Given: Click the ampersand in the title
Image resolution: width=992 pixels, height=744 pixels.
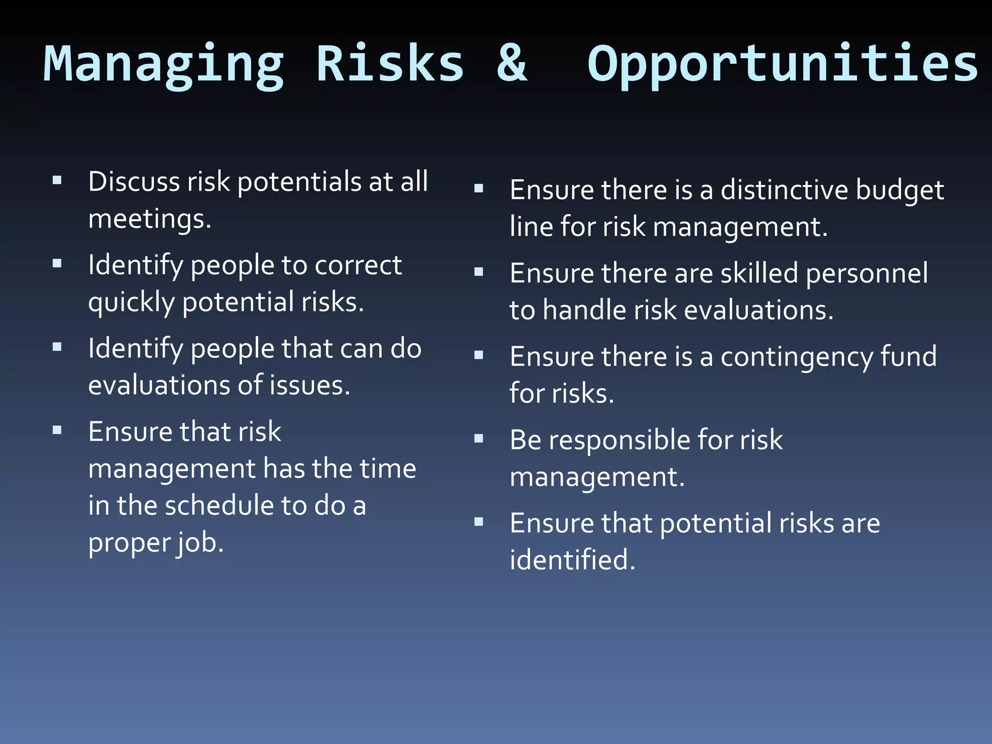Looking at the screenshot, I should (511, 63).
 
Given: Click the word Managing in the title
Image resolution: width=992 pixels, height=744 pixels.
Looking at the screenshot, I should (164, 64).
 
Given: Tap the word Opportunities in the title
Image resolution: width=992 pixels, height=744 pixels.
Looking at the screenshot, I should (783, 64).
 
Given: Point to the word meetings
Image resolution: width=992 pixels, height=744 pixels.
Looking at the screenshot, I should (149, 219).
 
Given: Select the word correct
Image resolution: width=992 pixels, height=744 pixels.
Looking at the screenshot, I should (358, 265).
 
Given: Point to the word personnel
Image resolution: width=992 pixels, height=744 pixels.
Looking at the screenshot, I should (867, 274).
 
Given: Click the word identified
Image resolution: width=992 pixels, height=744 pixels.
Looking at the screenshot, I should (572, 560).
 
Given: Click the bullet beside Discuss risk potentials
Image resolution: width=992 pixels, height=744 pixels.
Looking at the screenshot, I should (57, 181).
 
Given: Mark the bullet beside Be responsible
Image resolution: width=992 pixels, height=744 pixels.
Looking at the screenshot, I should (479, 439).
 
